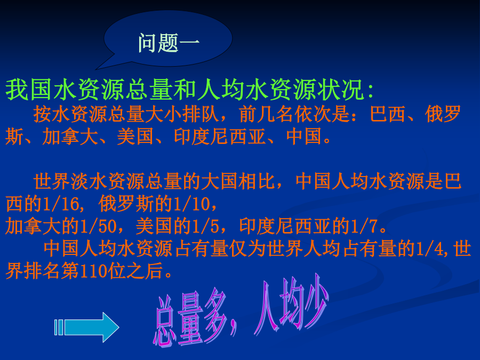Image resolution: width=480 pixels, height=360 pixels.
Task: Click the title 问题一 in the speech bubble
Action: [x=169, y=43]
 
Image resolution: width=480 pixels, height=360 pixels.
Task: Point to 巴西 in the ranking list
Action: [x=388, y=114]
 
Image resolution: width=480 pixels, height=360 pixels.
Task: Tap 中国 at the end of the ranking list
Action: [x=304, y=137]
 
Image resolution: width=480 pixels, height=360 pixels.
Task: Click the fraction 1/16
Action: [x=61, y=204]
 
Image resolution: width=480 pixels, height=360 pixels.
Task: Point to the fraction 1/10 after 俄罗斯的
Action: [x=191, y=204]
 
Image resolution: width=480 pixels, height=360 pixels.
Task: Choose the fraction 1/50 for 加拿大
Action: [x=99, y=227]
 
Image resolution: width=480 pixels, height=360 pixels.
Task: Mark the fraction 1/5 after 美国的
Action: [x=206, y=227]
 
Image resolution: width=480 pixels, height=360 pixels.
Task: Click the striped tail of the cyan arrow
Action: [x=59, y=327]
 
